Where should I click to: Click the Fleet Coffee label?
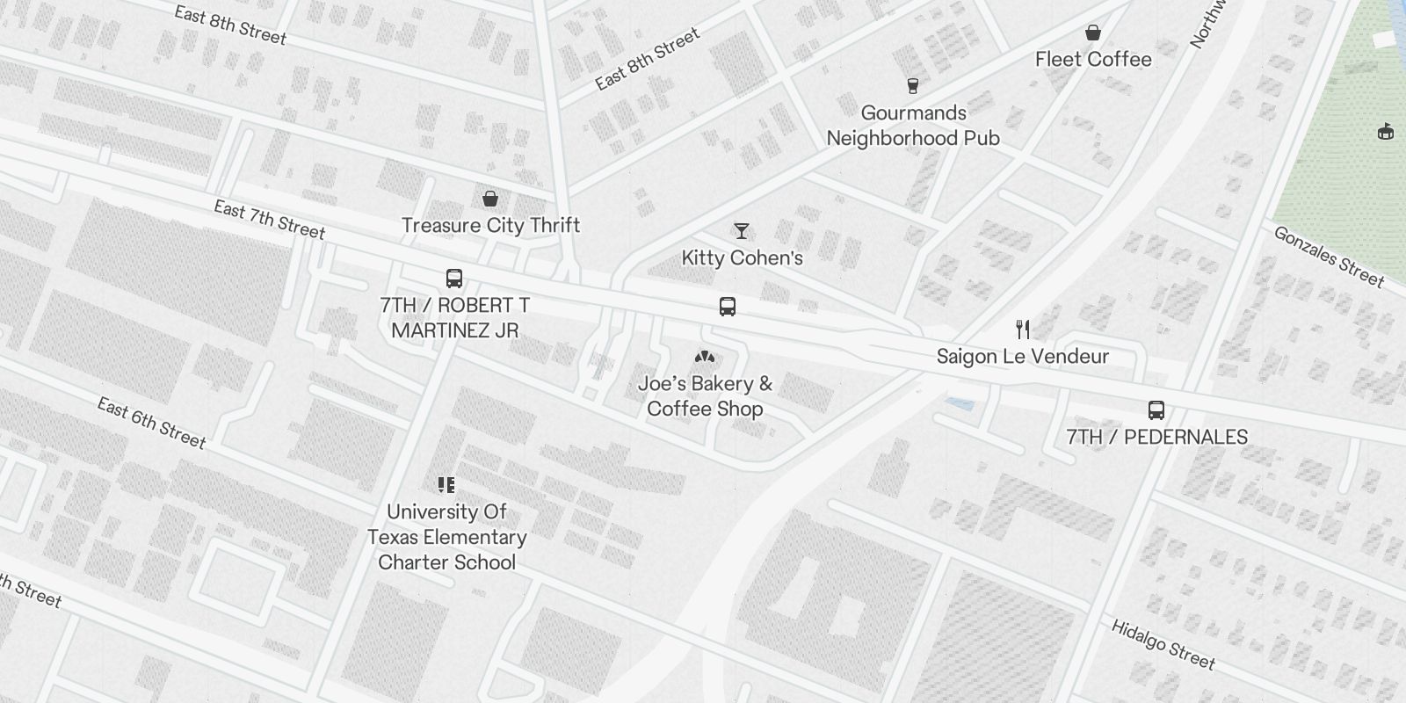(1093, 59)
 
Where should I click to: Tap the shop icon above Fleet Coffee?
(1093, 33)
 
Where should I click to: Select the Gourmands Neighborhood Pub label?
(913, 125)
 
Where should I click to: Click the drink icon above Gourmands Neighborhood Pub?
(913, 85)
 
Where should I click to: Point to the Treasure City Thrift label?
(490, 225)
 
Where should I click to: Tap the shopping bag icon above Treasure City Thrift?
(490, 199)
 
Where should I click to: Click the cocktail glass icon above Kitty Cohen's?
(742, 231)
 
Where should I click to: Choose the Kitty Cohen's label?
(743, 257)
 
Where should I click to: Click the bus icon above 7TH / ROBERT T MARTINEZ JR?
(454, 279)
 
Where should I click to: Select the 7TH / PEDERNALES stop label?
(1156, 437)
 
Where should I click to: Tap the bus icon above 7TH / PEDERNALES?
(1156, 410)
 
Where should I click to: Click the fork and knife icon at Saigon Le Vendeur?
(1023, 330)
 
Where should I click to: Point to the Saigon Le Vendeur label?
(1023, 356)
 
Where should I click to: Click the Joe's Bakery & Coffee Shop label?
(705, 395)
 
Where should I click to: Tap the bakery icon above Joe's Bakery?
(705, 357)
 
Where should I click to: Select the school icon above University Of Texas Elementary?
(446, 484)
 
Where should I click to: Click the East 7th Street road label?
(270, 220)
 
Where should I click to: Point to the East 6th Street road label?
(151, 423)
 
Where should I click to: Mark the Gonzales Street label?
(1329, 257)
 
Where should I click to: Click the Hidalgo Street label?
(1163, 644)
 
